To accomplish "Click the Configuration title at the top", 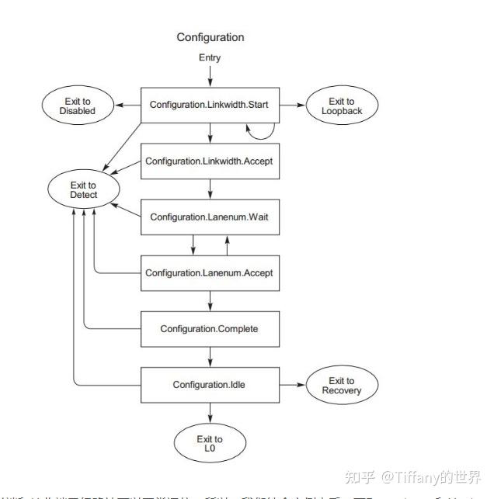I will [x=210, y=37].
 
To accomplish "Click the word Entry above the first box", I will [x=210, y=57].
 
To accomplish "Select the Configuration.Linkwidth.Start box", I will [x=209, y=104].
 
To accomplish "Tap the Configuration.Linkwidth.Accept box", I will [x=209, y=161].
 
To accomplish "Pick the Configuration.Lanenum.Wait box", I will [x=209, y=217].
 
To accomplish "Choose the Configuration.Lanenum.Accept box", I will [x=209, y=273].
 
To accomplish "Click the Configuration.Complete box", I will [x=209, y=329].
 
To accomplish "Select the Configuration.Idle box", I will [x=209, y=385].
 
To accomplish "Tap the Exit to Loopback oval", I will [x=342, y=106].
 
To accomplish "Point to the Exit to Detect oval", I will [x=83, y=190].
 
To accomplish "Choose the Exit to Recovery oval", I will [x=342, y=386].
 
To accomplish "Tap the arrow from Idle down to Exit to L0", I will [x=210, y=412].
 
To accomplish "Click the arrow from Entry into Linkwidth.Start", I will [x=210, y=75].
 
